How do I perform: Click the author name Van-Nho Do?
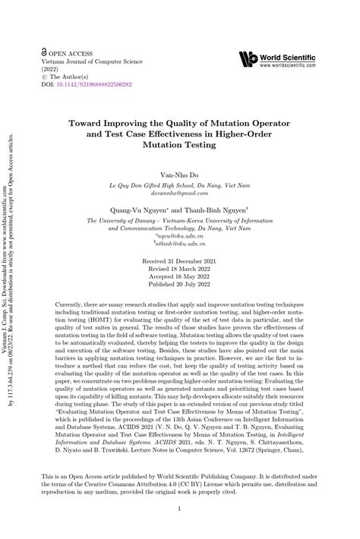tap(179, 174)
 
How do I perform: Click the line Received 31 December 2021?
tap(180, 258)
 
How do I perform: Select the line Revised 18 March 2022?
tap(180, 266)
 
